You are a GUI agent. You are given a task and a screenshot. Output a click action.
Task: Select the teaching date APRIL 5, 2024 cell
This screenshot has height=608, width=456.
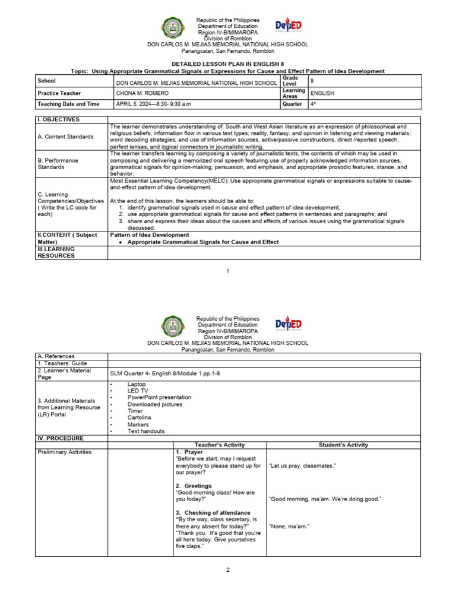point(153,104)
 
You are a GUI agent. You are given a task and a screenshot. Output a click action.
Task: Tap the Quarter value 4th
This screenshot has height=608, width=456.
point(313,104)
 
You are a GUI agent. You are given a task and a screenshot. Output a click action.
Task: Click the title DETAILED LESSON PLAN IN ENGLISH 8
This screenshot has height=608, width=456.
point(227,63)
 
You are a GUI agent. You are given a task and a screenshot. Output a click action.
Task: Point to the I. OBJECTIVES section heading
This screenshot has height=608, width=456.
point(58,119)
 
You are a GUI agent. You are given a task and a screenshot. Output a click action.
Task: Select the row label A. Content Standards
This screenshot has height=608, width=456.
point(65,137)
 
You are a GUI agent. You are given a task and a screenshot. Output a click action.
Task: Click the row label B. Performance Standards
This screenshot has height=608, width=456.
point(58,163)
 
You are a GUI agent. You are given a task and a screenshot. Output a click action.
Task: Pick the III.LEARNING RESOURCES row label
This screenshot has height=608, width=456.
point(56,252)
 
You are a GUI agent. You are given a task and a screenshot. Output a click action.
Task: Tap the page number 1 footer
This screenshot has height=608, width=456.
point(227,271)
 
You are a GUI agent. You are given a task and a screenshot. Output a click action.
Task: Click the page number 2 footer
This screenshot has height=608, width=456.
point(227,569)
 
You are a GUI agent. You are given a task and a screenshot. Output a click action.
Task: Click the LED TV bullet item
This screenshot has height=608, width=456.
point(137,391)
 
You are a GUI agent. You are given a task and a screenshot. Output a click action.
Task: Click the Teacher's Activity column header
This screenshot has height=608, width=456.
point(220,445)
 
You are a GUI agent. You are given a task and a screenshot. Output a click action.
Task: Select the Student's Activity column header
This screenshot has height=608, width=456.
point(343,445)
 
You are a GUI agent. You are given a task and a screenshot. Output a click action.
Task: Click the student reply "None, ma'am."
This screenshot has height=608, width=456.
point(289,526)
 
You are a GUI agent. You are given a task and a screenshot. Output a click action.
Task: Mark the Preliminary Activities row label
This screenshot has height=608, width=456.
point(64,452)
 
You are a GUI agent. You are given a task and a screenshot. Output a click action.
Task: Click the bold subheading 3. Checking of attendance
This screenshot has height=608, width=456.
point(213,512)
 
